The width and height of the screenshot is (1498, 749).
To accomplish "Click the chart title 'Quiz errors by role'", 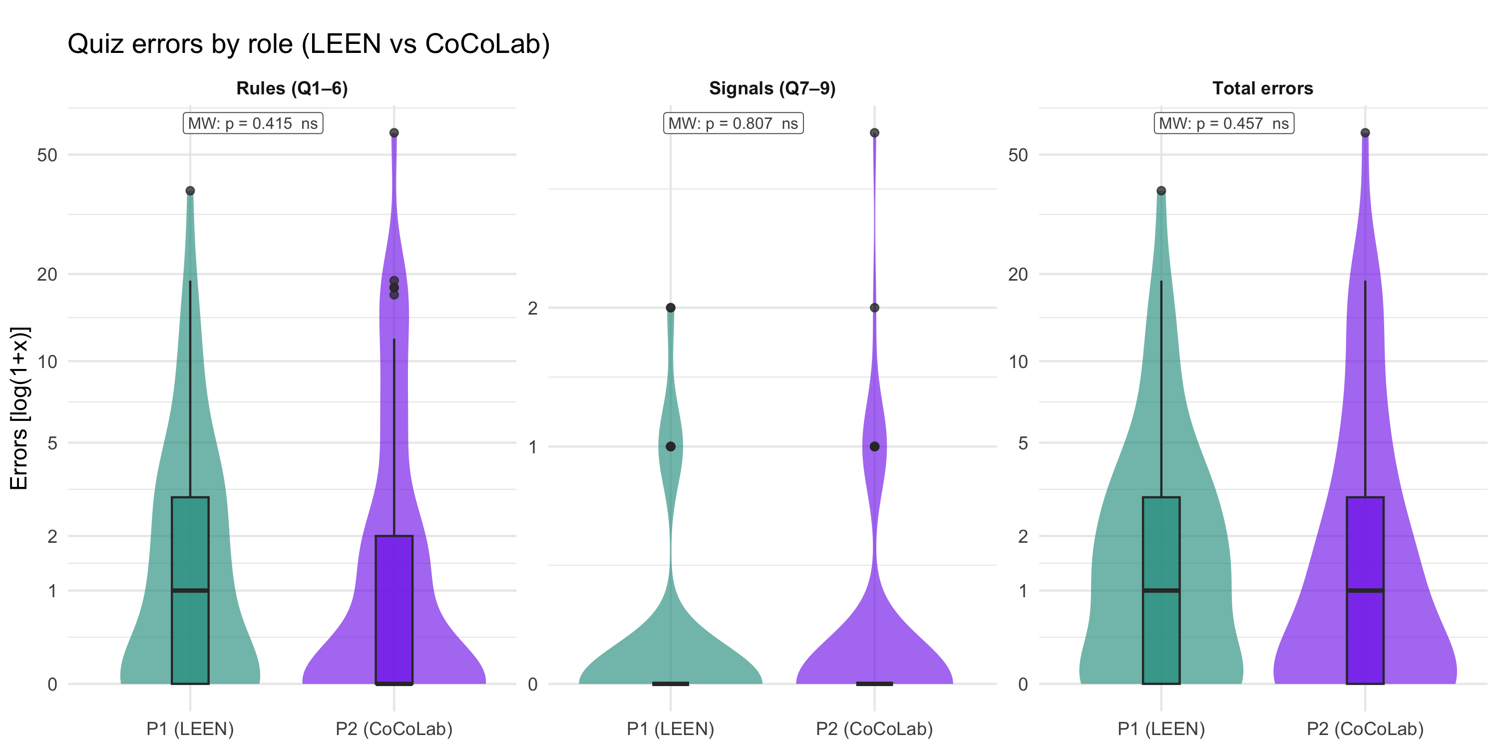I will (308, 44).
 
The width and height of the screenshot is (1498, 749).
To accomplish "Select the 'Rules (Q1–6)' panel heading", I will (292, 88).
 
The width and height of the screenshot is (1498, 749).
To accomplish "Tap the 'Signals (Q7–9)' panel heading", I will (771, 88).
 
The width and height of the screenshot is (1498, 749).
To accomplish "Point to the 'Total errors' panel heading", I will (1262, 88).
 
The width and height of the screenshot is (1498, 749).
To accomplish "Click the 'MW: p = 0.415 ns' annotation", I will (253, 123).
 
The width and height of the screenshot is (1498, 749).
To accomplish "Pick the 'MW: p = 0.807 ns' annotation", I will (734, 123).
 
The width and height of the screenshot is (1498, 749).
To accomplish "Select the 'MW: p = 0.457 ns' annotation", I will (1223, 123).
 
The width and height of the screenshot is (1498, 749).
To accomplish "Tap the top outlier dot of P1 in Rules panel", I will (190, 191).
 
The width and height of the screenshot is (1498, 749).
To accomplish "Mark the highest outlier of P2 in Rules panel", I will (394, 133).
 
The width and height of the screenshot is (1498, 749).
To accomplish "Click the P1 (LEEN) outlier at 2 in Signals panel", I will (671, 308).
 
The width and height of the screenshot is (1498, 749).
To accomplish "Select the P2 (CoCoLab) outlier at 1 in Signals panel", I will (875, 446).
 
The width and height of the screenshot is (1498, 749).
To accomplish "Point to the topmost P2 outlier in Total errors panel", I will (1365, 133).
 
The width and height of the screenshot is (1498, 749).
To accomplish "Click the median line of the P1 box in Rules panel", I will (190, 590).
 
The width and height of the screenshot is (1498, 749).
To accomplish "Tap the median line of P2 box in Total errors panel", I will (1365, 590).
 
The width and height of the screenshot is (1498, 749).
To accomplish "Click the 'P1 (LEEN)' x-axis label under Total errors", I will (1161, 729).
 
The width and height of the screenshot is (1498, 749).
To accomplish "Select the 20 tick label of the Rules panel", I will (47, 274).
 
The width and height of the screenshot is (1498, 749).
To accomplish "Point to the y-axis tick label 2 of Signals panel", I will (532, 308).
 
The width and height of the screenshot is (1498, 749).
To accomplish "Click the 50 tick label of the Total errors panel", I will (1018, 155).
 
